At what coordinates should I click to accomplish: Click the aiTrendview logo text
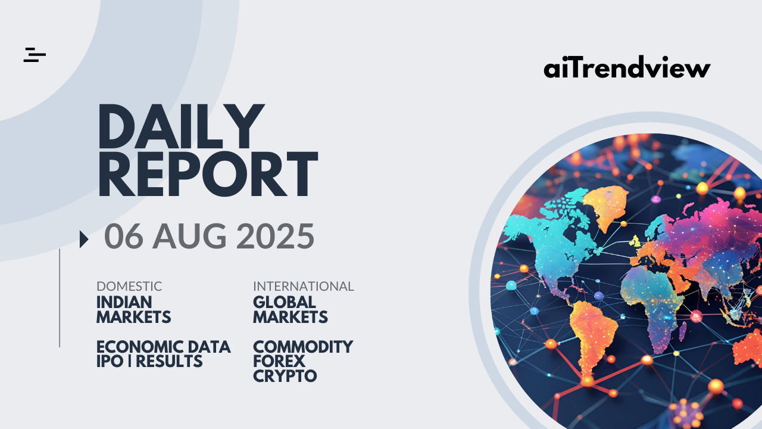click(627, 67)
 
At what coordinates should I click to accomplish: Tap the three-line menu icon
click(35, 55)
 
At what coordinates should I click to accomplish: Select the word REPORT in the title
click(208, 174)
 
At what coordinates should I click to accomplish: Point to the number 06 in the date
click(123, 236)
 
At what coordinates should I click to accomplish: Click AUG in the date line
click(189, 236)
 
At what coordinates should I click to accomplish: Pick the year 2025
click(275, 236)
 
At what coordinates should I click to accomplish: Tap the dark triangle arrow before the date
click(84, 239)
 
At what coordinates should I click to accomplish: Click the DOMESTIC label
click(129, 287)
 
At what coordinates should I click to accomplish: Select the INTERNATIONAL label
click(304, 287)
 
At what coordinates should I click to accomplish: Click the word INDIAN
click(124, 302)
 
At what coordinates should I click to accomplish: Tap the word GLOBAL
click(285, 302)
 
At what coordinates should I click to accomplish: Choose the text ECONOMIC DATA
click(164, 347)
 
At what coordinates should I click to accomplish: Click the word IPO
click(110, 362)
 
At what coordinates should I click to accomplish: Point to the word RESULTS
click(169, 362)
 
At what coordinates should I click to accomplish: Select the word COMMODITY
click(303, 347)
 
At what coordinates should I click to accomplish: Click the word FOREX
click(279, 362)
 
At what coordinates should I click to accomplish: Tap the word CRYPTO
click(285, 376)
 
